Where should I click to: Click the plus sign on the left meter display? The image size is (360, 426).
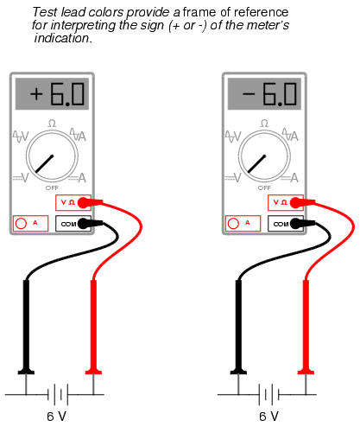[36, 94]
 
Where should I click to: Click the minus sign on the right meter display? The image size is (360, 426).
[249, 93]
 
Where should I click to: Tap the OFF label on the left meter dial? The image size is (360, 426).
[52, 188]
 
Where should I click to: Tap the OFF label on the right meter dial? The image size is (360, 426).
[264, 188]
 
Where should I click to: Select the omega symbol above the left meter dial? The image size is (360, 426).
[52, 124]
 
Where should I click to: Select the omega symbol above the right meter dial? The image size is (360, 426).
[264, 124]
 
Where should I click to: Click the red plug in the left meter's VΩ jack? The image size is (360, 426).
[90, 202]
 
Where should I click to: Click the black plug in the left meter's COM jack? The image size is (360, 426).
[90, 224]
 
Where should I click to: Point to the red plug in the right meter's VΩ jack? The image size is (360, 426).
[302, 202]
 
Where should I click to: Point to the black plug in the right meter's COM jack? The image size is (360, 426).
[302, 224]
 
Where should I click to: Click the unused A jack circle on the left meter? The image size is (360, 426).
[21, 224]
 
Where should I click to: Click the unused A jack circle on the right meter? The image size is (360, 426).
[233, 224]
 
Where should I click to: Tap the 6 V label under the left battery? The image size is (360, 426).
[57, 416]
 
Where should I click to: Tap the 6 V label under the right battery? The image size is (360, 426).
[268, 416]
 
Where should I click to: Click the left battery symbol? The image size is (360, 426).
[58, 394]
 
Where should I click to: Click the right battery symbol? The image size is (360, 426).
[269, 394]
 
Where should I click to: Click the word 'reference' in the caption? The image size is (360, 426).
[261, 12]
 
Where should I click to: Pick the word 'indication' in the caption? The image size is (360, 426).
[62, 38]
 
